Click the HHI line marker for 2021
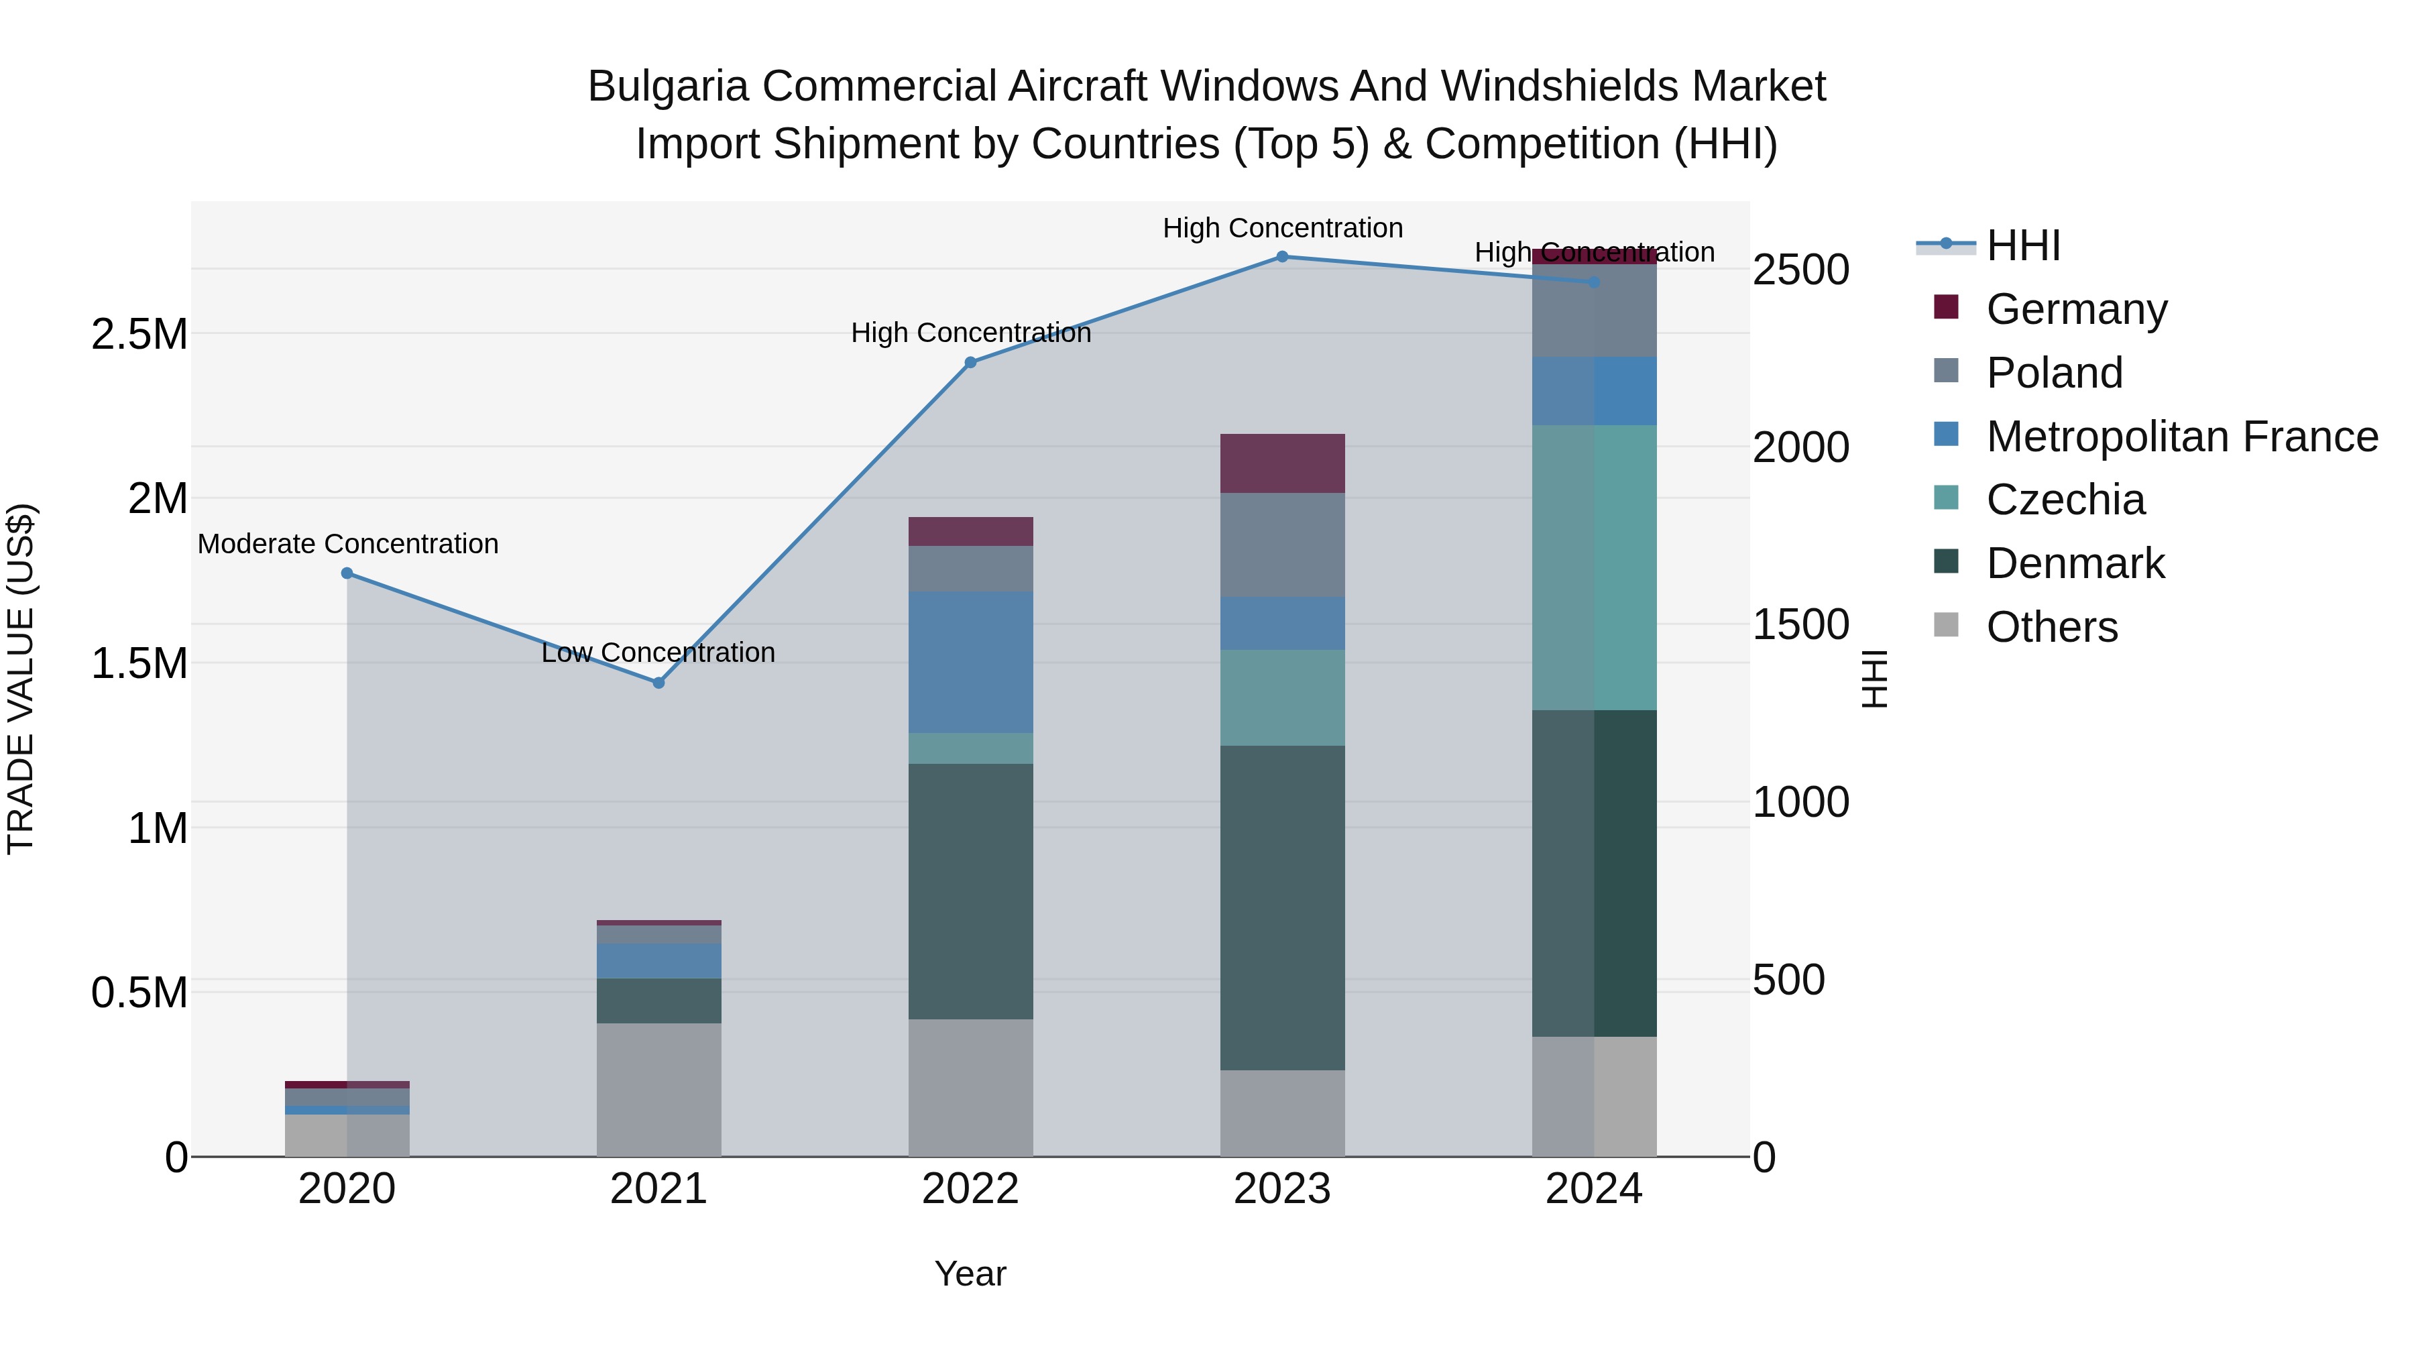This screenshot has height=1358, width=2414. point(658,682)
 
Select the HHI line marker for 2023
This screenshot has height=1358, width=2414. point(1282,257)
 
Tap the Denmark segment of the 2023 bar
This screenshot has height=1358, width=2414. point(1282,907)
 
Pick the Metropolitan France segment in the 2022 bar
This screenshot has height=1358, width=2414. point(971,662)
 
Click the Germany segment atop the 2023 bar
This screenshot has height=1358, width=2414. point(1282,463)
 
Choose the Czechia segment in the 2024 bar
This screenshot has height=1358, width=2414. point(1594,567)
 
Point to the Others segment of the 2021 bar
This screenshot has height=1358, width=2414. point(658,1089)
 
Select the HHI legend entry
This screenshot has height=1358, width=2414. point(2022,245)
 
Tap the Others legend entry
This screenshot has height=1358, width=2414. point(2051,627)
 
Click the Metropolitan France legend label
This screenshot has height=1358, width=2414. point(2181,437)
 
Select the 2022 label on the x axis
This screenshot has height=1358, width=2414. point(971,1189)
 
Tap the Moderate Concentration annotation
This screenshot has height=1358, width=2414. point(347,544)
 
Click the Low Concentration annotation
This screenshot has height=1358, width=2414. point(658,653)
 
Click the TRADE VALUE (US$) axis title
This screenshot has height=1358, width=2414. point(21,679)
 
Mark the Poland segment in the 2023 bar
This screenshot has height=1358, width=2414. point(1282,545)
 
